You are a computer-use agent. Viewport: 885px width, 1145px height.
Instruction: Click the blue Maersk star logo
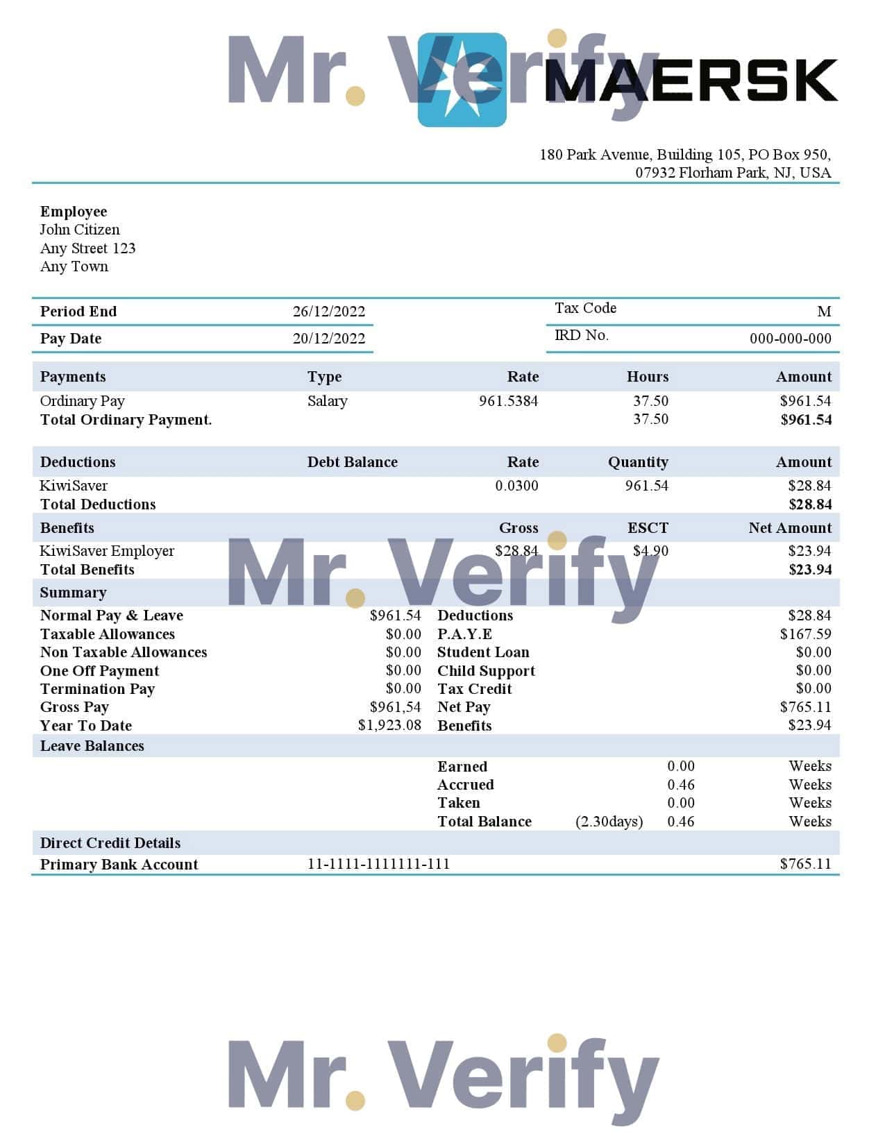tap(462, 80)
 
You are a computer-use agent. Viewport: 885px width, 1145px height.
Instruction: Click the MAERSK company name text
tap(691, 80)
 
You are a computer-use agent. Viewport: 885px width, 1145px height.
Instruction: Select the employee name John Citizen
tap(80, 230)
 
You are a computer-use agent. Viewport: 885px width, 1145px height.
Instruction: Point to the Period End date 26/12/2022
tap(328, 312)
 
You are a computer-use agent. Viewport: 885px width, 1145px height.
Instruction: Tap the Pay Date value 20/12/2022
tap(328, 339)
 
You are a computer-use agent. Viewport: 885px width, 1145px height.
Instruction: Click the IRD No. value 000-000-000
tap(790, 339)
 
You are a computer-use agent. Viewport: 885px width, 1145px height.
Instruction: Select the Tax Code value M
tap(824, 312)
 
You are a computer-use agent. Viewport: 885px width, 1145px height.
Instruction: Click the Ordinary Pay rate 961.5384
tap(508, 401)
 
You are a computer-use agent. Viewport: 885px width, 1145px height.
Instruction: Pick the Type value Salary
tap(327, 401)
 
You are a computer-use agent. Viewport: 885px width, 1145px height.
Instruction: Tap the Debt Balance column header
tap(352, 462)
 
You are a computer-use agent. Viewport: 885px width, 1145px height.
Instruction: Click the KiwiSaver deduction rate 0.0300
tap(516, 486)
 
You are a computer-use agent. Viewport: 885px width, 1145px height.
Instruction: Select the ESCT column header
tap(648, 528)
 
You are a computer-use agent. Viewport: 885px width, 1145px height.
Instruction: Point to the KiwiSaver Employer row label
tap(107, 551)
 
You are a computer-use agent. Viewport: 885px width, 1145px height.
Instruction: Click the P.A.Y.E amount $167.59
tap(805, 634)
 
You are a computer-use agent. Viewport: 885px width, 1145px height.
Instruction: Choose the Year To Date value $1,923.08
tap(389, 725)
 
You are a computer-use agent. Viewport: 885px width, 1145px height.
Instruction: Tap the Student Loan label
tap(483, 652)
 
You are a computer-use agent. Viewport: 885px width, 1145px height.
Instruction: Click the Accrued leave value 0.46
tap(680, 785)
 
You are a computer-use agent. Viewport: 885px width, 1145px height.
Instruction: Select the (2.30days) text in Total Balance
tap(609, 822)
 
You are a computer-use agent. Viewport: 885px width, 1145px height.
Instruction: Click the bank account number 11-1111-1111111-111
tap(378, 864)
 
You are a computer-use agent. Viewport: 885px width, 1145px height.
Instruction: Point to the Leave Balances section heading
tap(92, 746)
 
